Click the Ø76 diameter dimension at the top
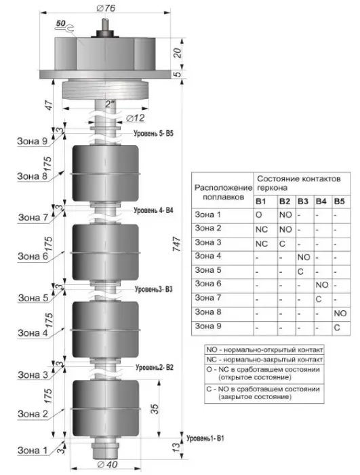pos(106,7)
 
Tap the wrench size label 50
pos(60,23)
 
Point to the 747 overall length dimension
pos(176,244)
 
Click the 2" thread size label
pos(111,104)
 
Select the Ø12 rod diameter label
pos(136,118)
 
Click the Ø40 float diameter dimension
pos(108,464)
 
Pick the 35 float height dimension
pos(155,409)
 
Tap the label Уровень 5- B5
pos(153,133)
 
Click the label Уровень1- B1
pos(205,438)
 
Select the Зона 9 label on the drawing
pos(33,141)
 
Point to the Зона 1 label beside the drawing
pos(33,451)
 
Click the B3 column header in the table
pos(303,202)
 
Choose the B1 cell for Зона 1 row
pos(258,215)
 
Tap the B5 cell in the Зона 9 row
pos(337,328)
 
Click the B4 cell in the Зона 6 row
pos(322,285)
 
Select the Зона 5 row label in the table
pos(208,270)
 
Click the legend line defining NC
pos(264,360)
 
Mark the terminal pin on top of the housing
pos(105,24)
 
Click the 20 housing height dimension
pos(178,54)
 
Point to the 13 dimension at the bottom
pos(176,446)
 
